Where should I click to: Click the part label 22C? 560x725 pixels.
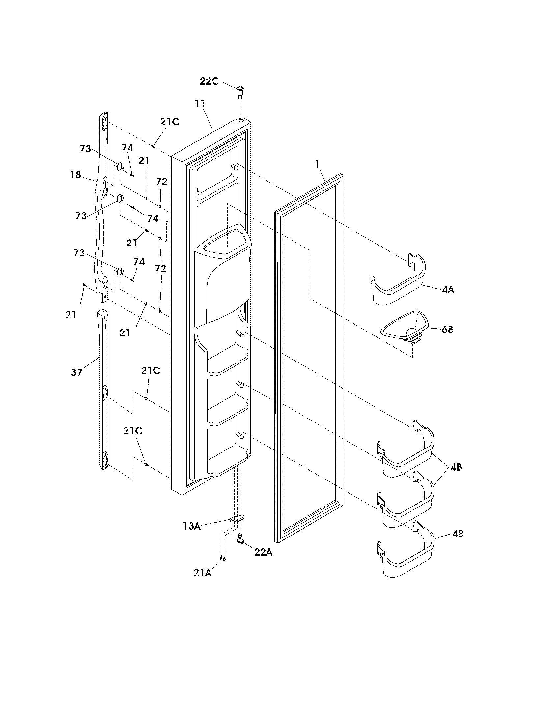(x=209, y=81)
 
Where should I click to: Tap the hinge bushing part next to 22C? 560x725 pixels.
(x=240, y=92)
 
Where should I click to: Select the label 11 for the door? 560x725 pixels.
(x=200, y=103)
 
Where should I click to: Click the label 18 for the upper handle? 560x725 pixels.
(x=76, y=175)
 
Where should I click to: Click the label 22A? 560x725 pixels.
(x=264, y=552)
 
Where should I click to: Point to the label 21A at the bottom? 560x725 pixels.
(x=203, y=573)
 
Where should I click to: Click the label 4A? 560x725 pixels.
(x=448, y=290)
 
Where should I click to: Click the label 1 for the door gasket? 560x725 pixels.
(x=318, y=164)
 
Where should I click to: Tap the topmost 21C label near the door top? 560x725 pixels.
(x=170, y=122)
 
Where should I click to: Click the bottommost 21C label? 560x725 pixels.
(x=133, y=431)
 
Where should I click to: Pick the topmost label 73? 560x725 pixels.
(x=85, y=149)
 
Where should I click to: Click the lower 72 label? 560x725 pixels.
(x=160, y=269)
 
